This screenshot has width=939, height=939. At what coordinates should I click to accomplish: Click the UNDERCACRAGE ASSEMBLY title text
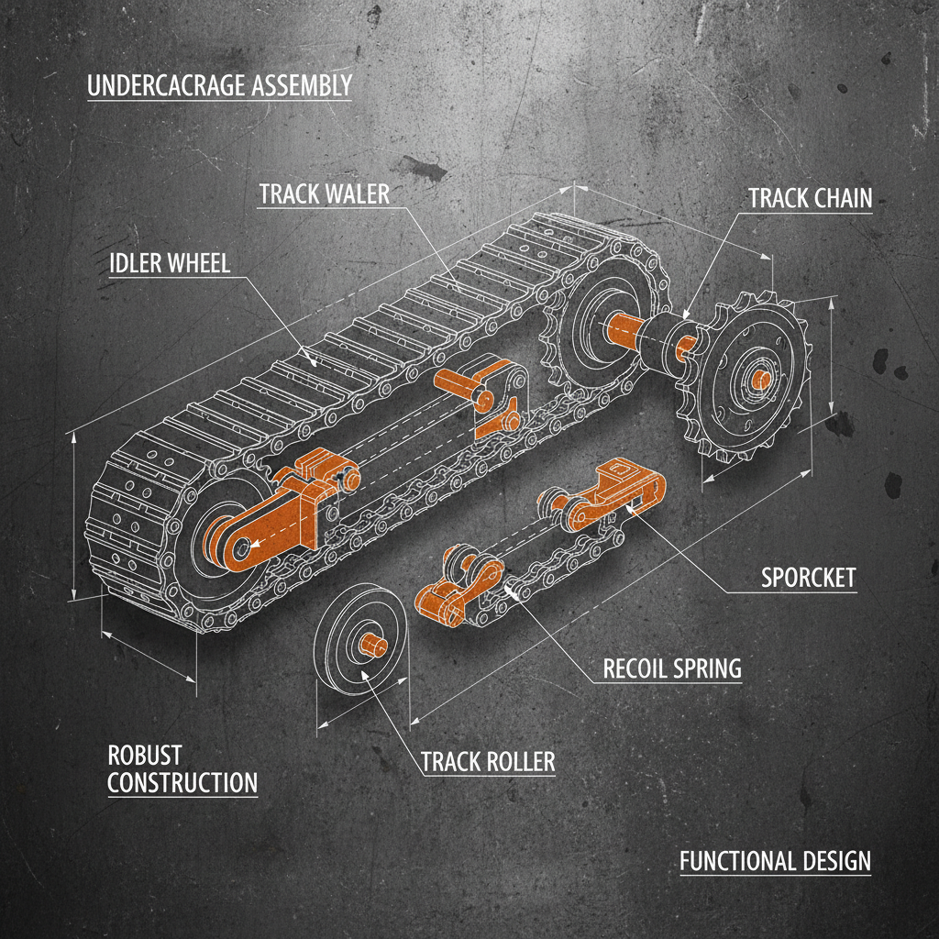pos(219,86)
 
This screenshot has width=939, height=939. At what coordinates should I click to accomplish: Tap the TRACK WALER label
pos(324,194)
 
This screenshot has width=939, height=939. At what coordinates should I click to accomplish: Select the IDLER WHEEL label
pos(169,263)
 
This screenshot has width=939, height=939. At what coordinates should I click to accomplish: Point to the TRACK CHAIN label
pos(810,198)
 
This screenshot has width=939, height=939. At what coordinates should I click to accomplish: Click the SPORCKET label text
pos(808,578)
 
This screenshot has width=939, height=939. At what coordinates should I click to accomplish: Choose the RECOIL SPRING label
pos(671,668)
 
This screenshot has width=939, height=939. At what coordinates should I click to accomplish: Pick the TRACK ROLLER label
pos(488,761)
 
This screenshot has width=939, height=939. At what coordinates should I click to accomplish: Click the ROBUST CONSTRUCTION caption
pos(182,769)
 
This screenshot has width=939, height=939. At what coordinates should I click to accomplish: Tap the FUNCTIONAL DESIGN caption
pos(775,861)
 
